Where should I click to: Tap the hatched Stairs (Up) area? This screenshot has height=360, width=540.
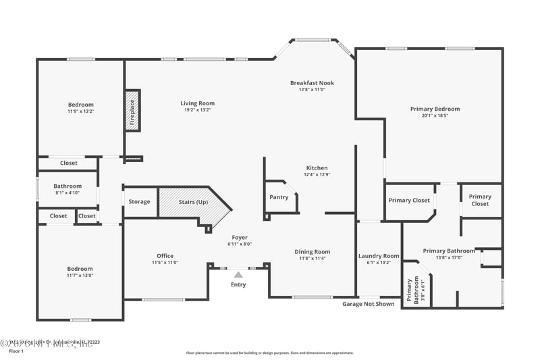(193, 202)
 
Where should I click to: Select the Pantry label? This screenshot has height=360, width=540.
(279, 197)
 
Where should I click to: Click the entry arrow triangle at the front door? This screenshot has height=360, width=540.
(238, 274)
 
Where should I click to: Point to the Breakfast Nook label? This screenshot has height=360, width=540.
(312, 83)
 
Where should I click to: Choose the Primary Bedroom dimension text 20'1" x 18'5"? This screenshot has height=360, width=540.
(435, 115)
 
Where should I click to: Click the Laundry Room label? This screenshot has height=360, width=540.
(379, 256)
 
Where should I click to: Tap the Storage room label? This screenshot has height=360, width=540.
(140, 202)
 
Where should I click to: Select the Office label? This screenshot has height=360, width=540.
(165, 256)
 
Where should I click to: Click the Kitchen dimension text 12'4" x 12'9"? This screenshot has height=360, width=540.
(317, 174)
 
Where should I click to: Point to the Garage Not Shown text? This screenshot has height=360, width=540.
(369, 304)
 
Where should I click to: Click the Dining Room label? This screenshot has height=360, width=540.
(312, 252)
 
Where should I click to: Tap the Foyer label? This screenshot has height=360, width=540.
(240, 238)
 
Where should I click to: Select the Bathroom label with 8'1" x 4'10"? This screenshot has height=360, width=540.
(67, 186)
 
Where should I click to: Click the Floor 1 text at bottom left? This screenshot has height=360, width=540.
(16, 352)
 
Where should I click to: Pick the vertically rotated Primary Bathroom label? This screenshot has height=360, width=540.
(412, 291)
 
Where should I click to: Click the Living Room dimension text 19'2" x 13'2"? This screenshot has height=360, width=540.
(197, 110)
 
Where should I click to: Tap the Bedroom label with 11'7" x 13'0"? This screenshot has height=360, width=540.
(80, 269)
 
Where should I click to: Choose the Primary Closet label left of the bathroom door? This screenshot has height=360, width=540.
(409, 200)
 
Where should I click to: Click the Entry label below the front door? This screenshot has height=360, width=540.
(238, 284)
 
